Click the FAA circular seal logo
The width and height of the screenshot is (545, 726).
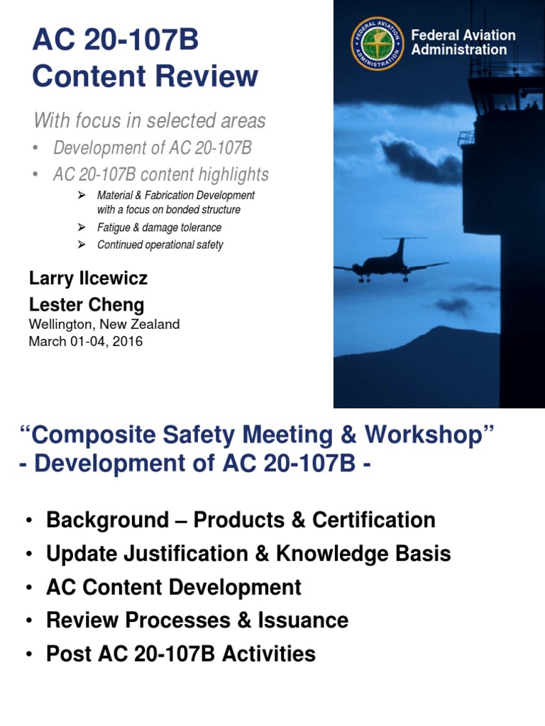coord(378,44)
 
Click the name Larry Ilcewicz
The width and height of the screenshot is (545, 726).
coord(88,278)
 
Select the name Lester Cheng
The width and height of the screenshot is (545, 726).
coord(86,305)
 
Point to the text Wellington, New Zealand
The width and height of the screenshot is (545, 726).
coord(104,325)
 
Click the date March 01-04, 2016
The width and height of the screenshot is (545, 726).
coord(85,341)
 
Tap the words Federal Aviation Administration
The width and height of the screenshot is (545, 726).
coord(463,43)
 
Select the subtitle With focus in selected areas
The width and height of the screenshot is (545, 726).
coord(149,121)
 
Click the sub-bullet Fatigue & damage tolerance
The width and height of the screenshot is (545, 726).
coord(159,228)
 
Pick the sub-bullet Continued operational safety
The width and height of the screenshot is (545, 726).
coord(160,245)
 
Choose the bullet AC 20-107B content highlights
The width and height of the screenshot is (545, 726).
coord(160,174)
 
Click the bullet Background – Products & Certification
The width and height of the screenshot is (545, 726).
coord(240,520)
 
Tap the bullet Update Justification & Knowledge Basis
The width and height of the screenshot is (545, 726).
coord(248,553)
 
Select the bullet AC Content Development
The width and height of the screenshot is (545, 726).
coord(173,587)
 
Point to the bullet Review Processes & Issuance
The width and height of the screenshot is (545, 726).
coord(197,620)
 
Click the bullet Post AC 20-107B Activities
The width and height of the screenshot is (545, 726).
coord(180,653)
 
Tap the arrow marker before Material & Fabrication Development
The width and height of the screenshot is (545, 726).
coord(82,195)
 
